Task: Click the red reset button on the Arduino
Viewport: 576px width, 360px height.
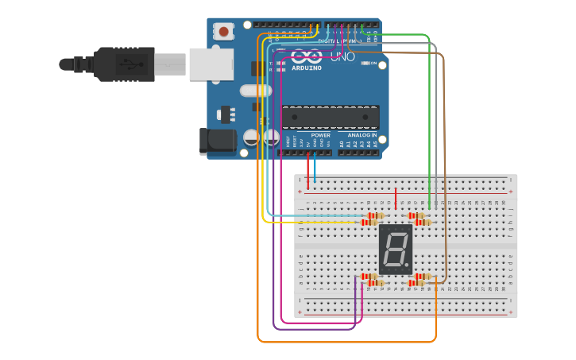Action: pyautogui.click(x=224, y=32)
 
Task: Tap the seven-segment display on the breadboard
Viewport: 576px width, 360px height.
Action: pyautogui.click(x=396, y=249)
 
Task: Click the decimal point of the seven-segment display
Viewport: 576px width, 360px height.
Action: pyautogui.click(x=409, y=265)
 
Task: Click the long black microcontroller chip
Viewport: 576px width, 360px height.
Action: pyautogui.click(x=330, y=116)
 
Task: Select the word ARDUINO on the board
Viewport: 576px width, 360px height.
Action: pyautogui.click(x=307, y=68)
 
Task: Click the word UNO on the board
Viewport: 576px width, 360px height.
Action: pyautogui.click(x=342, y=57)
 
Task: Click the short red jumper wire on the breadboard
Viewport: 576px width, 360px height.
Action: pyautogui.click(x=396, y=199)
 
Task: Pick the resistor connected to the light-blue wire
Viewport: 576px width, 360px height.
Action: pyautogui.click(x=373, y=215)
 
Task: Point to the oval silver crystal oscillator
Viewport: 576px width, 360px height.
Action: pyautogui.click(x=256, y=91)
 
